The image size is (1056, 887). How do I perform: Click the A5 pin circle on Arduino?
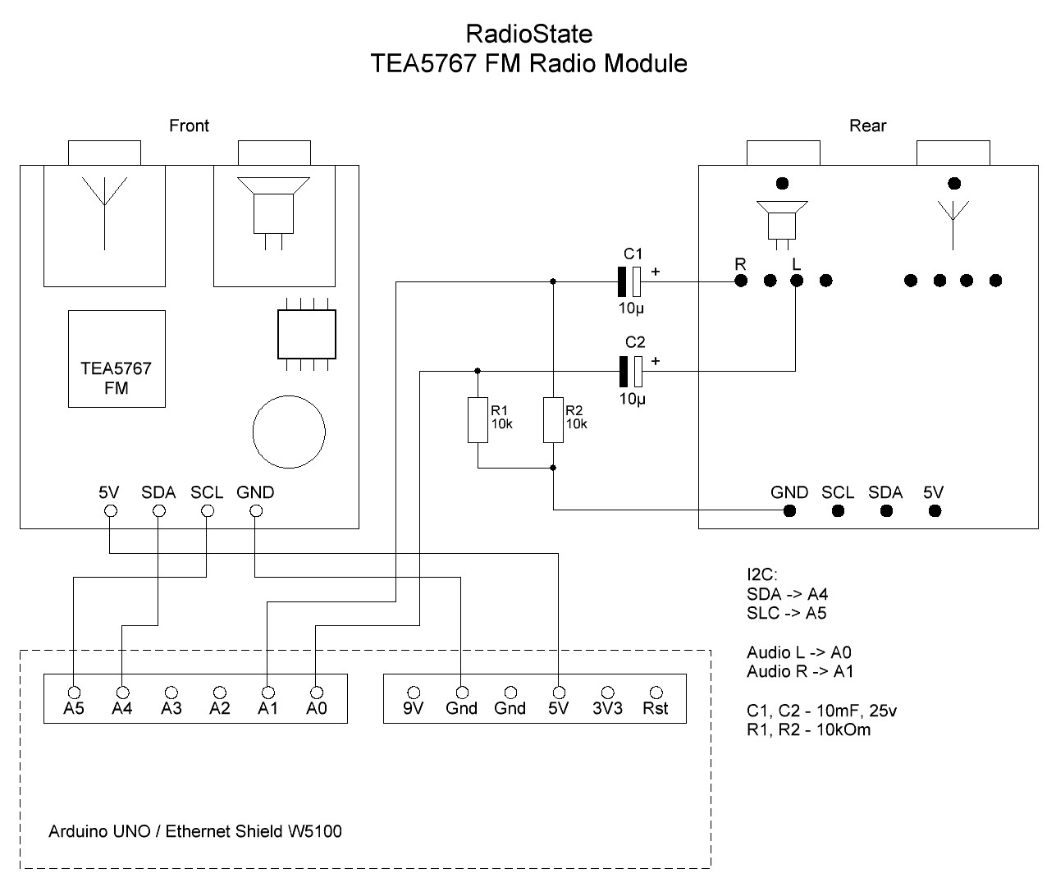pyautogui.click(x=74, y=692)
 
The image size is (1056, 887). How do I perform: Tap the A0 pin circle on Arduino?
pyautogui.click(x=317, y=692)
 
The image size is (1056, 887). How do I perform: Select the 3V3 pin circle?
pyautogui.click(x=607, y=692)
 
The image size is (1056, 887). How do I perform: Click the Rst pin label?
pyautogui.click(x=656, y=708)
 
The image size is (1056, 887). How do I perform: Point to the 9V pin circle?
pyautogui.click(x=414, y=692)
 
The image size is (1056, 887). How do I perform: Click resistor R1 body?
pyautogui.click(x=478, y=420)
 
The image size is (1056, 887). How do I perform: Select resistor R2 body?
pyautogui.click(x=553, y=420)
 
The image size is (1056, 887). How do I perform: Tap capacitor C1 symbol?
pyautogui.click(x=629, y=281)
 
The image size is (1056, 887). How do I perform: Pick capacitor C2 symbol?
pyautogui.click(x=631, y=371)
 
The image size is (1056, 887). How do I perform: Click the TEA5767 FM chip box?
pyautogui.click(x=117, y=359)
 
